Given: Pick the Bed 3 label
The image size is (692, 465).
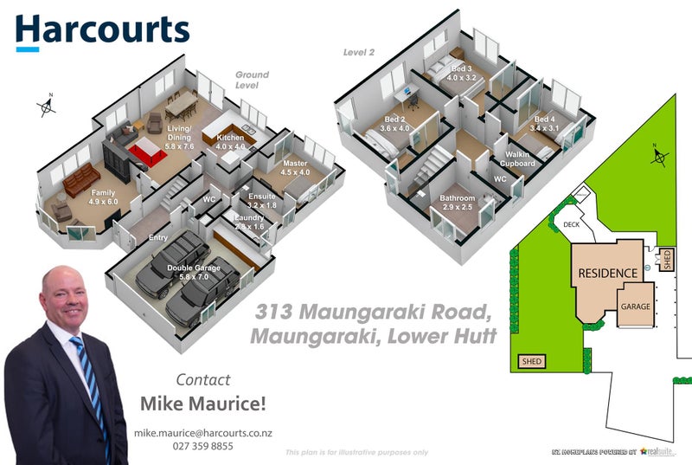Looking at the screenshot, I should (461, 73).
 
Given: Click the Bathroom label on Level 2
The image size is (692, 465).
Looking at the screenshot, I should (457, 203).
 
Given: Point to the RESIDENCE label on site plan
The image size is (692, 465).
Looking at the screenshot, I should (606, 273).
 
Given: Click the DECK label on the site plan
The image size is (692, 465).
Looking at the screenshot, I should (572, 223).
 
